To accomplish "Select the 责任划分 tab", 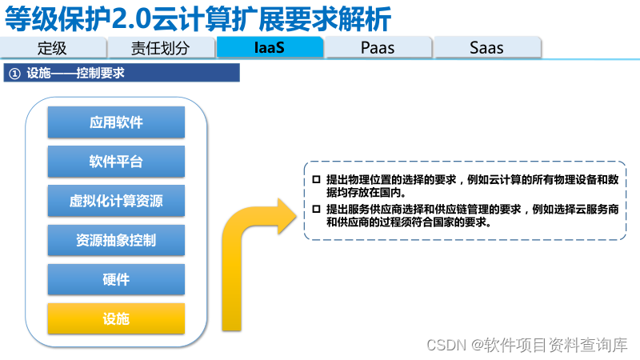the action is coord(161,47).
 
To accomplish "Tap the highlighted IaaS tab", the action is coord(270,47).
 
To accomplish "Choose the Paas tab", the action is coord(378,47).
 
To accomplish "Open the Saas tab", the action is coord(486,47).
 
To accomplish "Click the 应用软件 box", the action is coord(116,122).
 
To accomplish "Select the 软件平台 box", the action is coord(116,162).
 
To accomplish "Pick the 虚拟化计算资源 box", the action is coord(116,201).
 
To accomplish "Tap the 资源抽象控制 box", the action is coord(116,240).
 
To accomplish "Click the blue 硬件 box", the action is coord(116,279).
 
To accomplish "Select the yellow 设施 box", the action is coord(116,318).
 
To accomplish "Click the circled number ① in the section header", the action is coord(14,74).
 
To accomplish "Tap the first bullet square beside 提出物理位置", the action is coord(317,179).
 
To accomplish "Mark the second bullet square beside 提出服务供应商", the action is coord(317,209).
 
